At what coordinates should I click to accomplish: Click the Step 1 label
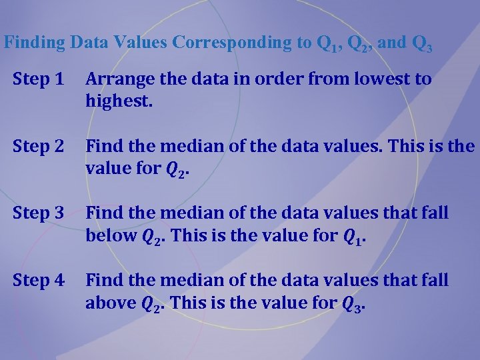[39, 79]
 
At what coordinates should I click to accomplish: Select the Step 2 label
[39, 146]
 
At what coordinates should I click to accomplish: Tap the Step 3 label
[39, 213]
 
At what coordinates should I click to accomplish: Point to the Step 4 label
[39, 281]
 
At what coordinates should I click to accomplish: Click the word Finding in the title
[35, 43]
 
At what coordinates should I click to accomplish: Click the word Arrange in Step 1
[116, 79]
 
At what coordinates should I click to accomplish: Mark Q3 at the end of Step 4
[353, 304]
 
